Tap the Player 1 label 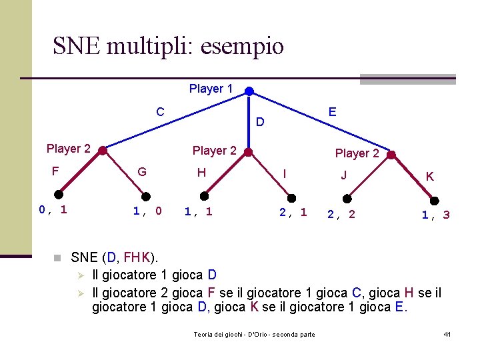pos(211,89)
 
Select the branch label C pos(160,111)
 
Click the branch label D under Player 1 pos(261,122)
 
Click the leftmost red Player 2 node pos(102,151)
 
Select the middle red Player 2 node pos(248,152)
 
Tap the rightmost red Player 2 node pos(391,155)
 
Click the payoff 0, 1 pos(53,210)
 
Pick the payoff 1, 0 pos(147,211)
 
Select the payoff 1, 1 pos(198,211)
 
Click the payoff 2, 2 pos(341,214)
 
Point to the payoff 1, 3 pos(435,215)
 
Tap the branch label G pos(141,172)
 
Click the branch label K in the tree pos(430,177)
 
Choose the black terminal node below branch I pos(291,197)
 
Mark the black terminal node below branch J pos(347,198)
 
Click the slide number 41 pos(447,333)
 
